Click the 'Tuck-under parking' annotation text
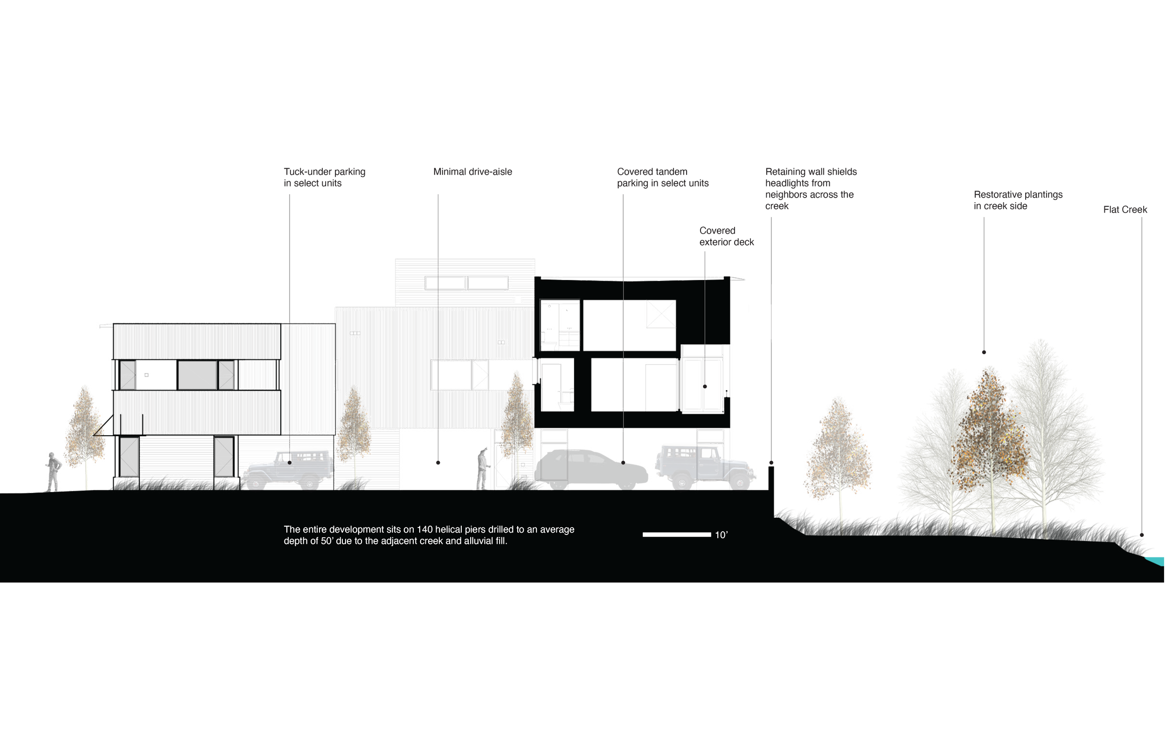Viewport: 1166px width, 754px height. coord(324,177)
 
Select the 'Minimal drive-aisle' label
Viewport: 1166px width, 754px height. coord(472,172)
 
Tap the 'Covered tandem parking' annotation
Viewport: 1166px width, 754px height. coord(662,177)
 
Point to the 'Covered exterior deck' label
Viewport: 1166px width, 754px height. coord(726,236)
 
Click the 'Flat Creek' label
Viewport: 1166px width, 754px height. coord(1125,210)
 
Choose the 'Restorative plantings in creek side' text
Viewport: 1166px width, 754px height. coord(1018,200)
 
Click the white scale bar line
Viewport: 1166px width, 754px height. coord(676,535)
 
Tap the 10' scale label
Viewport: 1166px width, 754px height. coord(721,535)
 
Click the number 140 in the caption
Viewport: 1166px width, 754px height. coord(425,529)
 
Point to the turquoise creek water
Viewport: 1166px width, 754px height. coord(1156,561)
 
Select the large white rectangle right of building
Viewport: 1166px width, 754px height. coord(811,313)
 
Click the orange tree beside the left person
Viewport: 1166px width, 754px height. coord(85,431)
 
